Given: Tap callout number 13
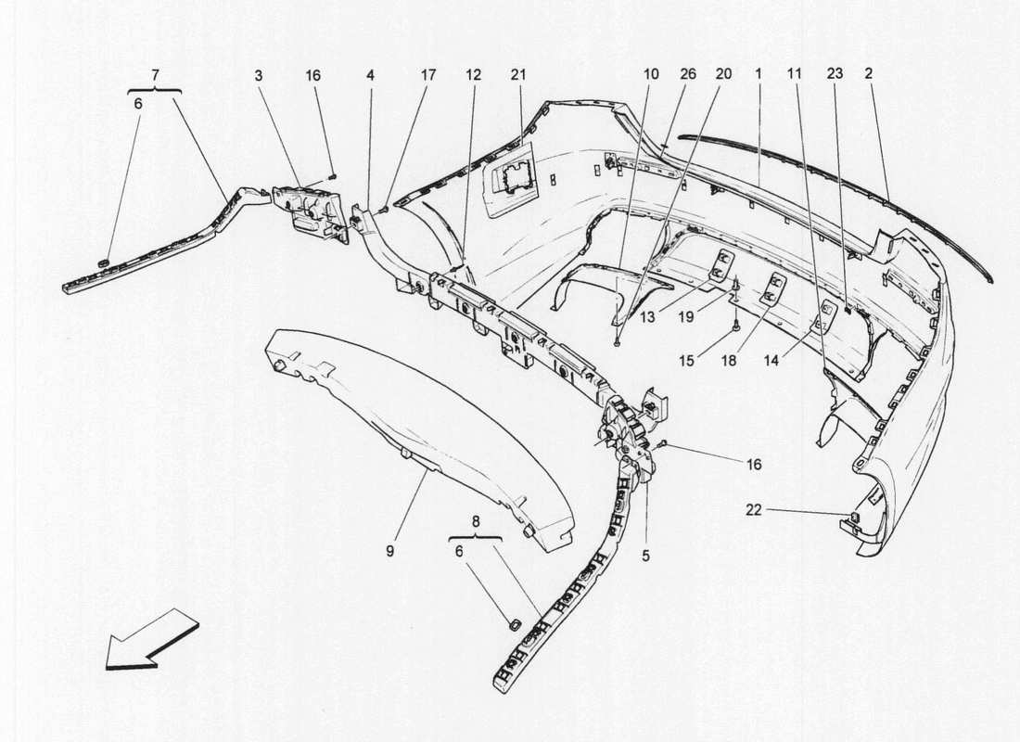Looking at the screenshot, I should (646, 317).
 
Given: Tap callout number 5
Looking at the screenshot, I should (646, 556).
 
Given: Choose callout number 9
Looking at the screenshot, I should (390, 551).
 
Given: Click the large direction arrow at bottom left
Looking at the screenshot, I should (151, 637).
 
